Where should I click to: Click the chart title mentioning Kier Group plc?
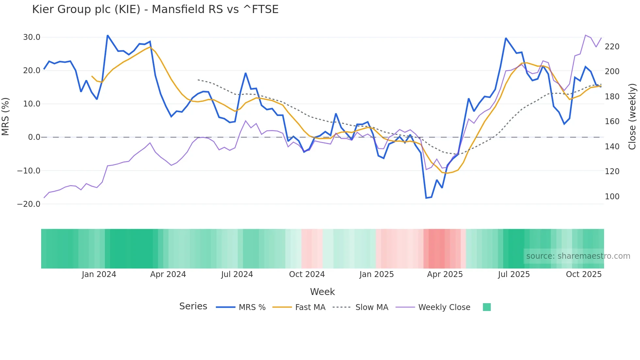pos(155,9)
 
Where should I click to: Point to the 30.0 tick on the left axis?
pos(32,37)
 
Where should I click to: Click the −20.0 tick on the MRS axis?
pos(29,204)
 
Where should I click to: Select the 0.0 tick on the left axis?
pos(34,137)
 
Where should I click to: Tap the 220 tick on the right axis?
pos(612,47)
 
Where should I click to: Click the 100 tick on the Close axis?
pos(612,197)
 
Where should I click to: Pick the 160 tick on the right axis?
pos(612,122)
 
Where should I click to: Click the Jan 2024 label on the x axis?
pos(99,274)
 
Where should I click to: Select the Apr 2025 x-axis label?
pos(445,274)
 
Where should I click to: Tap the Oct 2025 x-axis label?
pos(584,274)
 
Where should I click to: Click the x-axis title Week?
pos(322,292)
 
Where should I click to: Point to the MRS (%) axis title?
pos(6,116)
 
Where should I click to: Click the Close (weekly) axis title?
pos(632,116)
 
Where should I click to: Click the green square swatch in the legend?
pos(487,307)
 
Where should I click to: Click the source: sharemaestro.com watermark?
pos(578,256)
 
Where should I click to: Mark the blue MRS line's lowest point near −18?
pos(426,198)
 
